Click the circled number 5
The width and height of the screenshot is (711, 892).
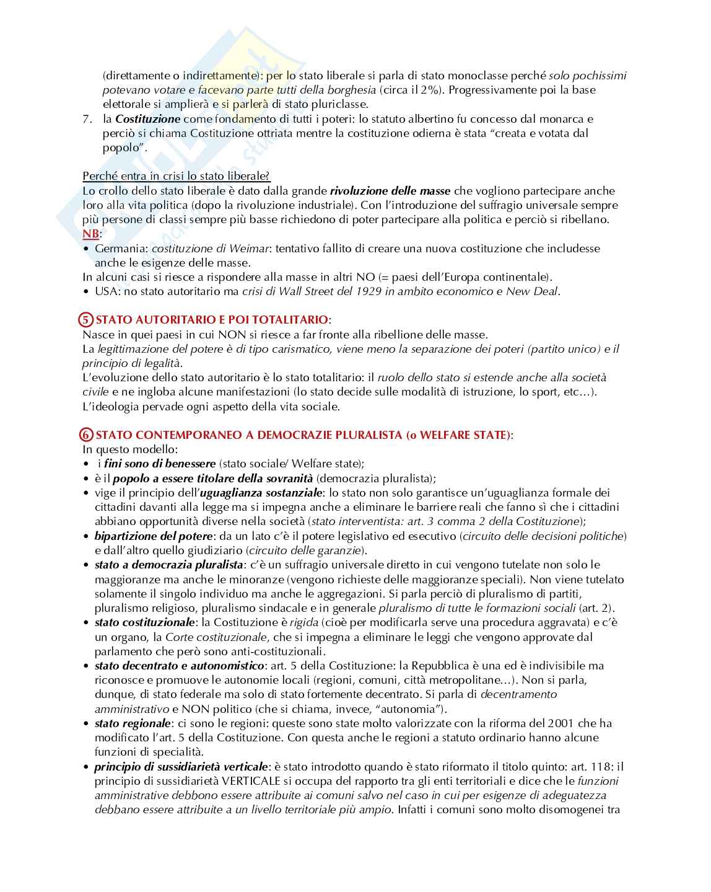coord(87,320)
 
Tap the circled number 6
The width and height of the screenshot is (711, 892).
coord(87,435)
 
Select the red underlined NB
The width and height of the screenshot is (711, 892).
coord(90,234)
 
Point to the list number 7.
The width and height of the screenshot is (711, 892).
coord(87,119)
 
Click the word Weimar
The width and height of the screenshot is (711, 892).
coord(249,249)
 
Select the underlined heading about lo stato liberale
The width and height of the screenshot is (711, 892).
coord(177,177)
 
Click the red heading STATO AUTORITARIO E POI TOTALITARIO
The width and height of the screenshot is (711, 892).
coord(212,320)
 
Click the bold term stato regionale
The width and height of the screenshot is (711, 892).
coord(132,723)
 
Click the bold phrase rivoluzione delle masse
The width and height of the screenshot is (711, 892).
coord(390,191)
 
